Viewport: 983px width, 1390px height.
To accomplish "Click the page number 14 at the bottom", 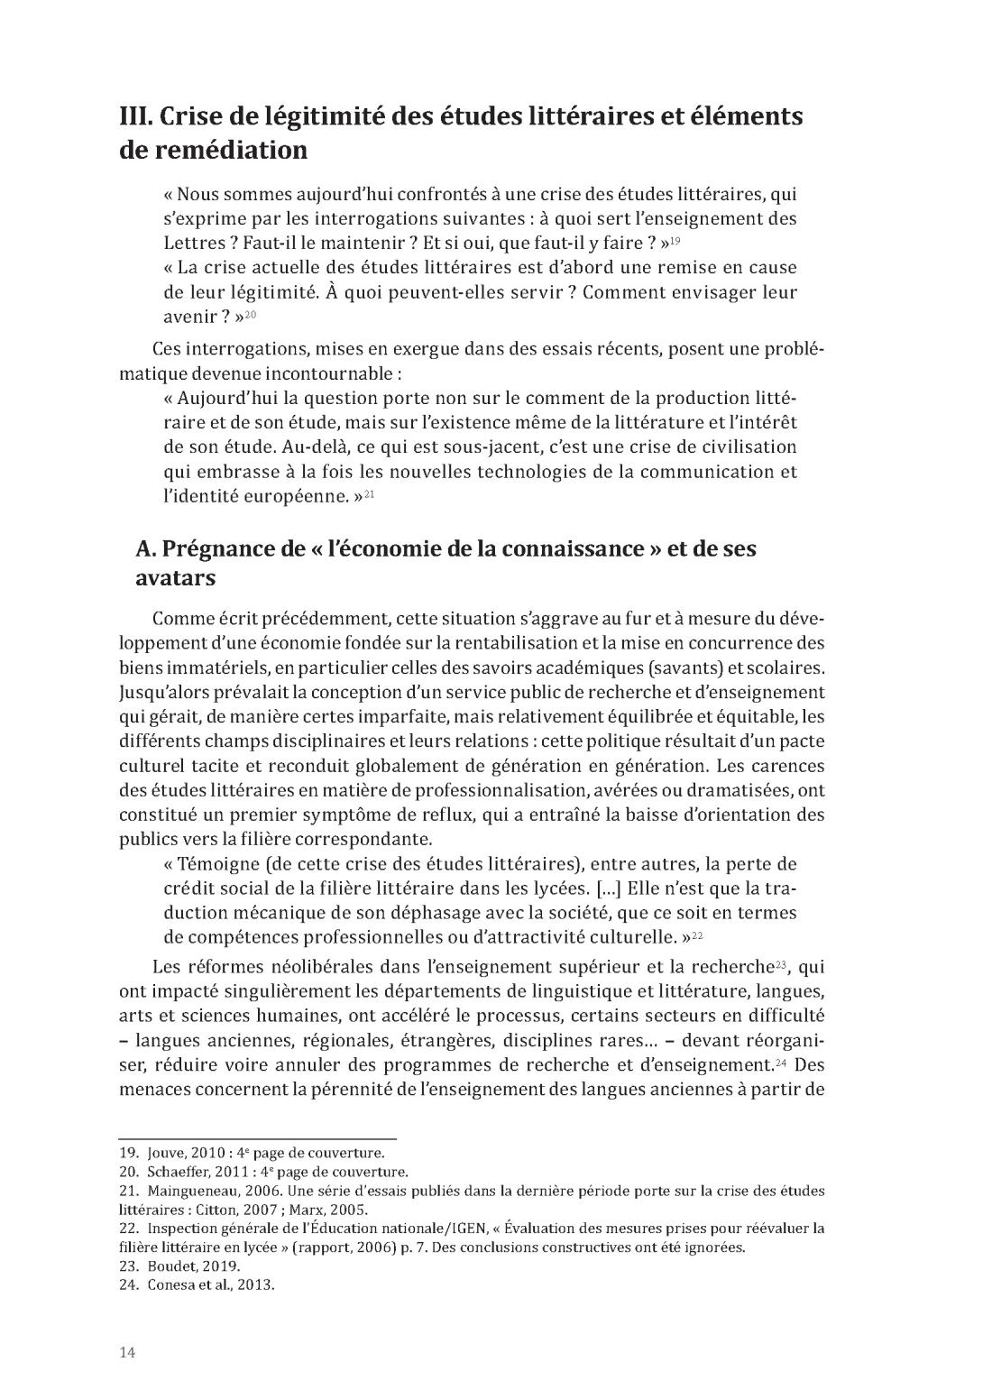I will [127, 1352].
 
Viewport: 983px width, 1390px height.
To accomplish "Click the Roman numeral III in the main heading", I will [136, 117].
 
